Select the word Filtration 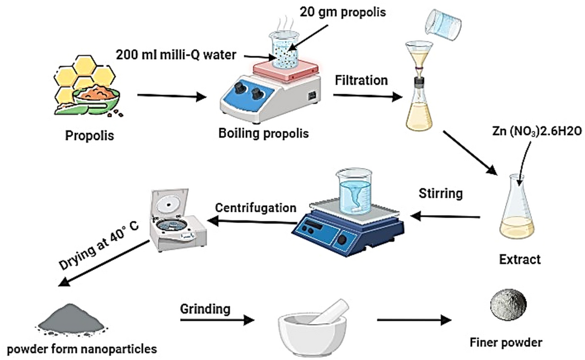(x=361, y=79)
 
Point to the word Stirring (x=441, y=194)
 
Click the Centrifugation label (x=256, y=207)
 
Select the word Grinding (x=205, y=309)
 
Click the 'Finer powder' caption (x=506, y=342)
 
